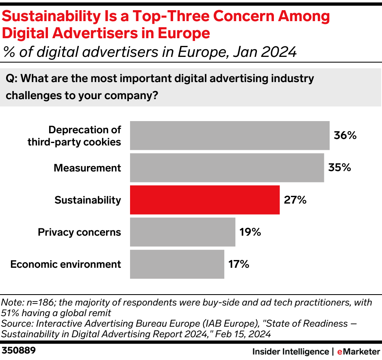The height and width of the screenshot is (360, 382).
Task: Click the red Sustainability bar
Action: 204,200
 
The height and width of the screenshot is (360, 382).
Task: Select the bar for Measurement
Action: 227,168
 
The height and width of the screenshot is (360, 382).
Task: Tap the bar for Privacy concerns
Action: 182,232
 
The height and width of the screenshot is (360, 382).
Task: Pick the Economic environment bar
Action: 177,264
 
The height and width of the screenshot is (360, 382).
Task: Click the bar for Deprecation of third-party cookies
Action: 230,136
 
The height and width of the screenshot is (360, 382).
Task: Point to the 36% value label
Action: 345,136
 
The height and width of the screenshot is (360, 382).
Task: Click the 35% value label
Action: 339,168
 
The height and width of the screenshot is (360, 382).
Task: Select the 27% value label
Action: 295,200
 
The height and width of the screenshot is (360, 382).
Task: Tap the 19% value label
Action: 250,232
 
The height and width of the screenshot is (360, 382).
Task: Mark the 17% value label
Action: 239,264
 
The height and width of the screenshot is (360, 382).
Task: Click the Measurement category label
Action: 87,168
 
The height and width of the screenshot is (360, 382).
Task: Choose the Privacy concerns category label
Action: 79,232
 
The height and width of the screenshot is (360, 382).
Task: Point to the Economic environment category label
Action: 65,264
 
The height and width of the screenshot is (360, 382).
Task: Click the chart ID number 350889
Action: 19,350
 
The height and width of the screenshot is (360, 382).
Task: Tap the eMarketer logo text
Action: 356,351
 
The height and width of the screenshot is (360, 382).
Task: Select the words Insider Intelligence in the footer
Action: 290,351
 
